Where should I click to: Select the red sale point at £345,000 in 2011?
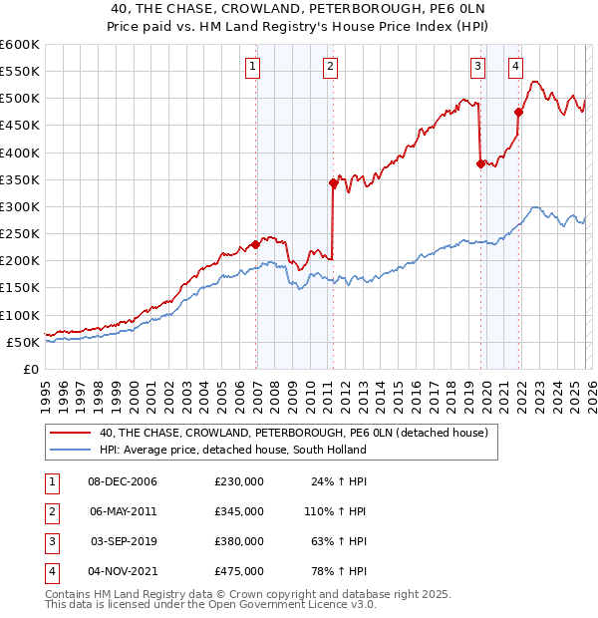click(333, 182)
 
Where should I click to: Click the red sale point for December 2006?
click(256, 244)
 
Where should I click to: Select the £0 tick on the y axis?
click(30, 369)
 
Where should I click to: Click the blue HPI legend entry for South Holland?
click(232, 450)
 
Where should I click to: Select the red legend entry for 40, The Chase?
click(292, 433)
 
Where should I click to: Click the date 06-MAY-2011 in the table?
click(124, 510)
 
